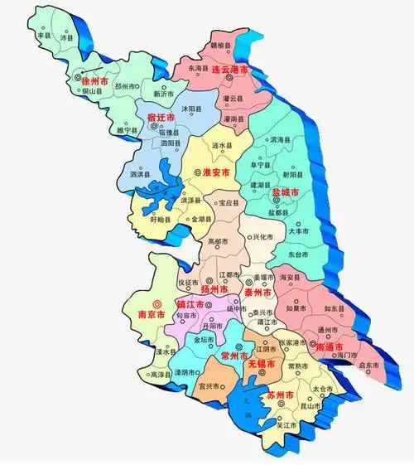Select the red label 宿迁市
(161, 118)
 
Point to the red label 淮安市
(216, 172)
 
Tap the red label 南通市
(330, 347)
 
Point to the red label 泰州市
(259, 293)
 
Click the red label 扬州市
(214, 291)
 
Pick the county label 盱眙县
(161, 220)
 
